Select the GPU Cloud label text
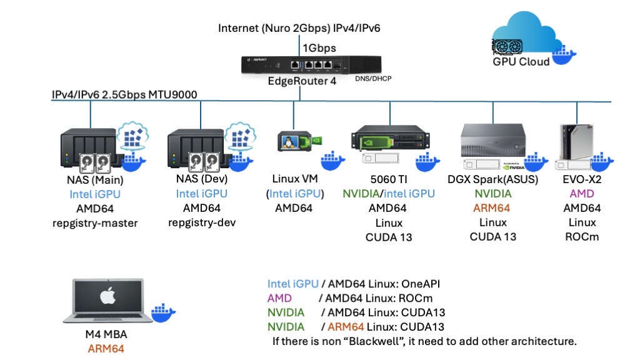[521, 61]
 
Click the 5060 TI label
[387, 180]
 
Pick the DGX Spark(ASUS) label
[492, 180]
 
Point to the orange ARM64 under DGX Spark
[492, 208]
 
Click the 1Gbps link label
[320, 47]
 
